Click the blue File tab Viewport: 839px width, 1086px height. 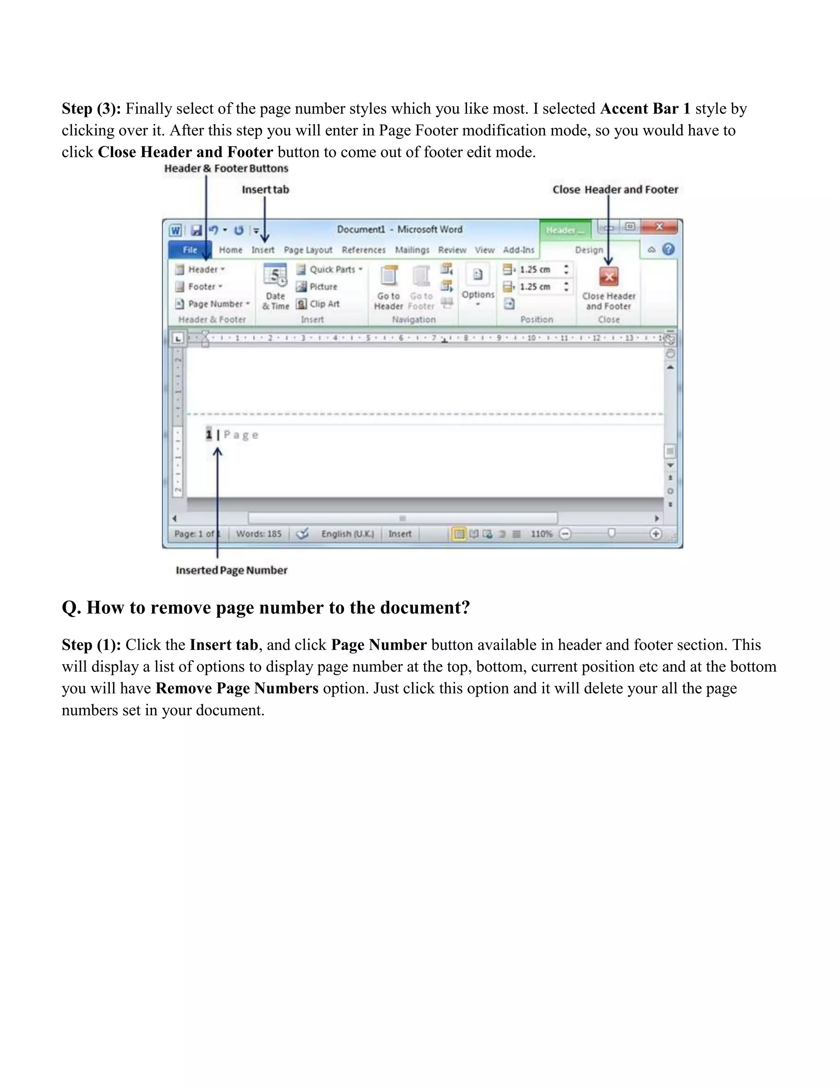coord(189,250)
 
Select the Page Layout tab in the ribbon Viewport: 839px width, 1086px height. coord(308,250)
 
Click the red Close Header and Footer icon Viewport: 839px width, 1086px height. coord(608,277)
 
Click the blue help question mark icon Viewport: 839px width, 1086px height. coord(669,249)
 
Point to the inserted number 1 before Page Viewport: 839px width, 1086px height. coord(209,434)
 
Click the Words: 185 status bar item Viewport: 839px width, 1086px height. coord(259,534)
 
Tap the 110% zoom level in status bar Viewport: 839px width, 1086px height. coord(541,534)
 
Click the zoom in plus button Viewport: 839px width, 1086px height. coord(655,534)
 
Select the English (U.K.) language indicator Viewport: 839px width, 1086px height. coord(347,534)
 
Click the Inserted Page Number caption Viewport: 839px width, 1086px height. coord(231,570)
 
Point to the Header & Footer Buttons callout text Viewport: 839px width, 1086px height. coord(226,168)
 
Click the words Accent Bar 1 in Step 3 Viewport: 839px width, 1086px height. coord(645,109)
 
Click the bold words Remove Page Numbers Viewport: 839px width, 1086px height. coord(237,688)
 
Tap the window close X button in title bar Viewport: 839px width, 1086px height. coord(659,227)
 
